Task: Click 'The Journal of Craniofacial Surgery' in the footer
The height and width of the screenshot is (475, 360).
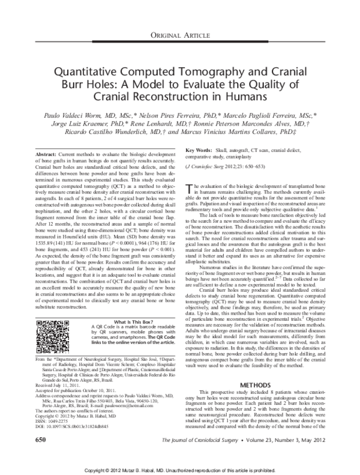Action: [x=220, y=441]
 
